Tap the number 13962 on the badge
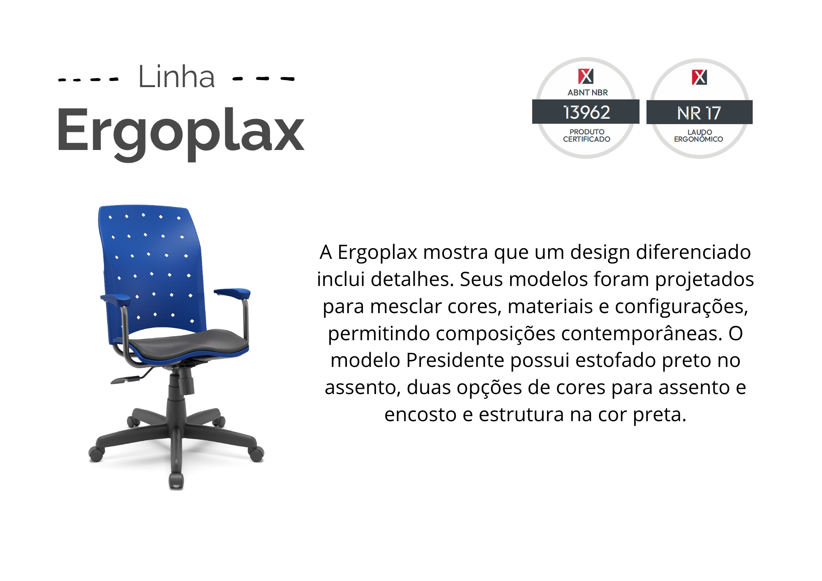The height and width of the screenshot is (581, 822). (586, 112)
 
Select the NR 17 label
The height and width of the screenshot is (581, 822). (699, 113)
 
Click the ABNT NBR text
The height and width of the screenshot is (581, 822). (587, 92)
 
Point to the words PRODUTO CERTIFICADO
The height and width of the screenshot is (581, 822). (586, 136)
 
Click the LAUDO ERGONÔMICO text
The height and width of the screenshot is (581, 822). (698, 136)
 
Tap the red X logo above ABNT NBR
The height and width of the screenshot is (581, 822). (586, 76)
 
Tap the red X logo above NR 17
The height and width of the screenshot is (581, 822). (699, 77)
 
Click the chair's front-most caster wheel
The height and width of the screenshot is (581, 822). (176, 481)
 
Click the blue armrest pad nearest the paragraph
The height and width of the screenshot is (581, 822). (232, 293)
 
